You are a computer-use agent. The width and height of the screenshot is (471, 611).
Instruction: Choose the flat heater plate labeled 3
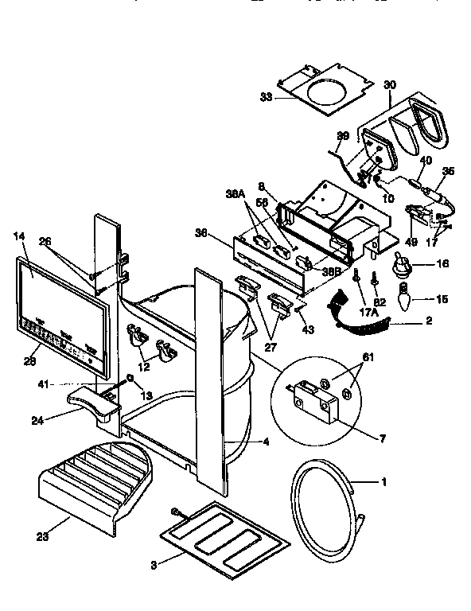(x=224, y=537)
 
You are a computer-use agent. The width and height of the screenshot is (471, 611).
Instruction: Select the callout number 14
(x=19, y=236)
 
